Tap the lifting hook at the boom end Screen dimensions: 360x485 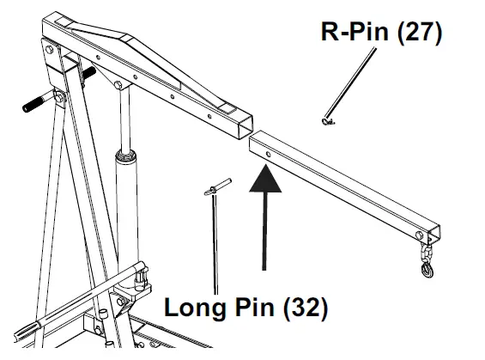pyautogui.click(x=427, y=269)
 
